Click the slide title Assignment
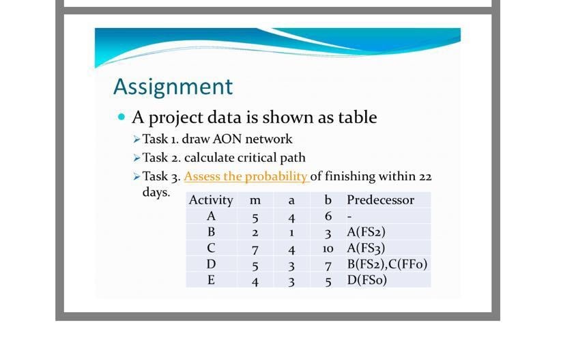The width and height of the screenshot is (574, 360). click(x=173, y=87)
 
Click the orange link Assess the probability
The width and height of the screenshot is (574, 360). click(x=246, y=176)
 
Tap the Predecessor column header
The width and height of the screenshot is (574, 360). click(x=380, y=200)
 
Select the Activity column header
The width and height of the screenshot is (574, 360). click(x=211, y=200)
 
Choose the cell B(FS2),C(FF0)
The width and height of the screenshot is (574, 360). click(x=387, y=264)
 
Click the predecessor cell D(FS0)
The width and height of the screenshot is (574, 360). click(x=367, y=279)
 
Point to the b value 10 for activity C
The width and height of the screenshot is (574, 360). click(x=328, y=248)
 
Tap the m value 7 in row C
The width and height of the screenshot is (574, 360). click(x=255, y=248)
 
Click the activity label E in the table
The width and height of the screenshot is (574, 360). click(x=211, y=279)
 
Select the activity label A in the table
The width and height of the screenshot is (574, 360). click(x=211, y=217)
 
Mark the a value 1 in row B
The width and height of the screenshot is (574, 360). click(x=291, y=232)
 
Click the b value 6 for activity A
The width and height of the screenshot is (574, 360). click(x=328, y=217)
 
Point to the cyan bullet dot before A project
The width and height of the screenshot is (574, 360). click(x=121, y=117)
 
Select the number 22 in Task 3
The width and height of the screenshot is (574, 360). click(x=425, y=176)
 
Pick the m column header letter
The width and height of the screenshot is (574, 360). click(x=255, y=200)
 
